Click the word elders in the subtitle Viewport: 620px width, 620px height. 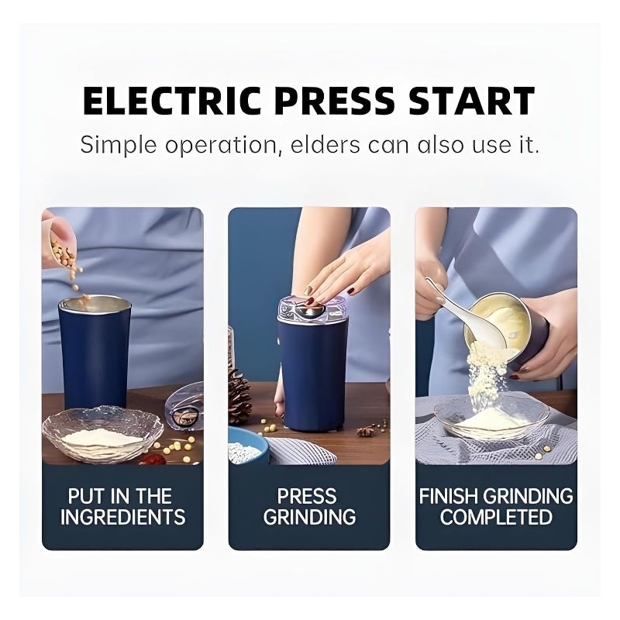coord(325,145)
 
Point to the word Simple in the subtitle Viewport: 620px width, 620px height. coord(119,146)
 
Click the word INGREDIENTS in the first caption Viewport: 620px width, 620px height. coord(123,517)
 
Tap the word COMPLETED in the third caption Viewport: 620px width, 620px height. coord(496,517)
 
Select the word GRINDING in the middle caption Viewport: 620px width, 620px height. coord(309,517)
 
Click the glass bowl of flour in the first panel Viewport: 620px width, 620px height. coord(103,434)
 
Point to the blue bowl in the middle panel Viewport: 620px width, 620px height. coord(248,446)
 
